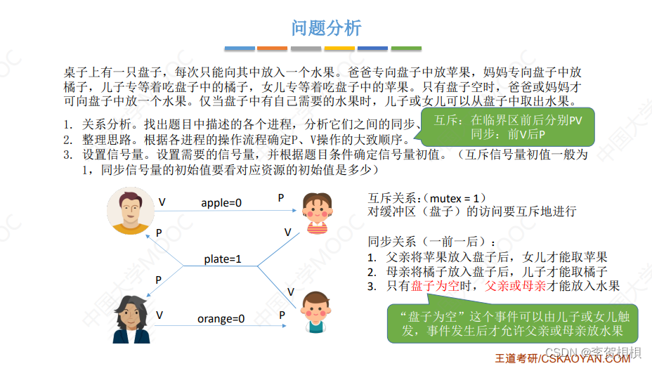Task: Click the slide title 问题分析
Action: pyautogui.click(x=326, y=27)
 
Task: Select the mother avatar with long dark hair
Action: pyautogui.click(x=131, y=319)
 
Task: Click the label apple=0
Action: pyautogui.click(x=221, y=203)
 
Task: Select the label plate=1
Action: pyautogui.click(x=223, y=259)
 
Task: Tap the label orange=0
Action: pyautogui.click(x=221, y=319)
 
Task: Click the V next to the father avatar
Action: pyautogui.click(x=162, y=202)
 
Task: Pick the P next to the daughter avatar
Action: pyautogui.click(x=281, y=198)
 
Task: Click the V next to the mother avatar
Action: pyautogui.click(x=159, y=315)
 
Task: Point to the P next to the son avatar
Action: pyautogui.click(x=282, y=315)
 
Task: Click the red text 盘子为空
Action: pyautogui.click(x=433, y=286)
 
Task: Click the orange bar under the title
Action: pyautogui.click(x=272, y=48)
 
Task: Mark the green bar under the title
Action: pyautogui.click(x=406, y=48)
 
